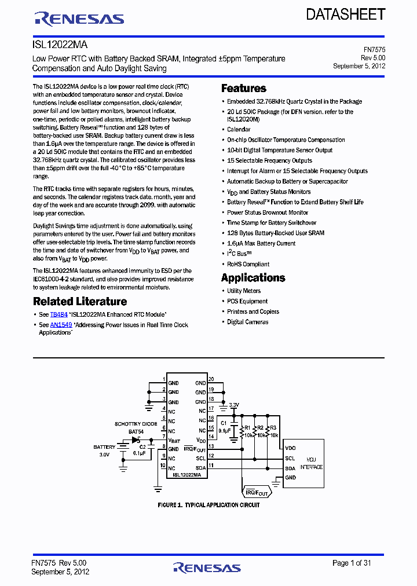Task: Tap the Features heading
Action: (244, 89)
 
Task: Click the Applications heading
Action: (253, 278)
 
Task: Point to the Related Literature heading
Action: (80, 302)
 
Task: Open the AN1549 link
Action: (61, 325)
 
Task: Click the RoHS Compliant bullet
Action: (248, 264)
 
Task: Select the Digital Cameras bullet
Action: (247, 322)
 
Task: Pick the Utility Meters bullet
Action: (244, 291)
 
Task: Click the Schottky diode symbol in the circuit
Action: (137, 439)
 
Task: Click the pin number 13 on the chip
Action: (211, 446)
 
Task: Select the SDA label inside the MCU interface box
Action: (290, 468)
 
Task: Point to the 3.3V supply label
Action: (234, 405)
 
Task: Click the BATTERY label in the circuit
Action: (104, 447)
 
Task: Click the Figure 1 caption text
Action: (209, 505)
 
